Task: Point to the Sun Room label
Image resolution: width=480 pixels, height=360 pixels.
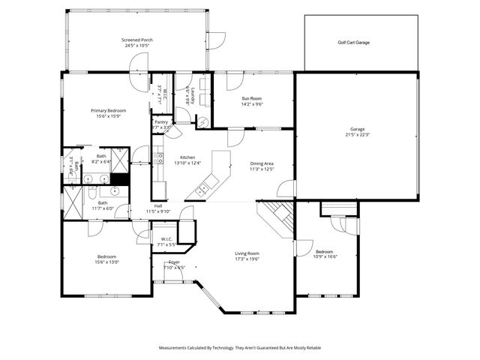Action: coord(251,99)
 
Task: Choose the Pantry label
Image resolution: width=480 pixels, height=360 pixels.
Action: coord(161,121)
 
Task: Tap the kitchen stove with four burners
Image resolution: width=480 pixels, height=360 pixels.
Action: coord(159,157)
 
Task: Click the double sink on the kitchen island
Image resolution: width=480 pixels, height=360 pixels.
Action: coord(203,190)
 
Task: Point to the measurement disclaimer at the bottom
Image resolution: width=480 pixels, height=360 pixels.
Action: coord(240,348)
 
